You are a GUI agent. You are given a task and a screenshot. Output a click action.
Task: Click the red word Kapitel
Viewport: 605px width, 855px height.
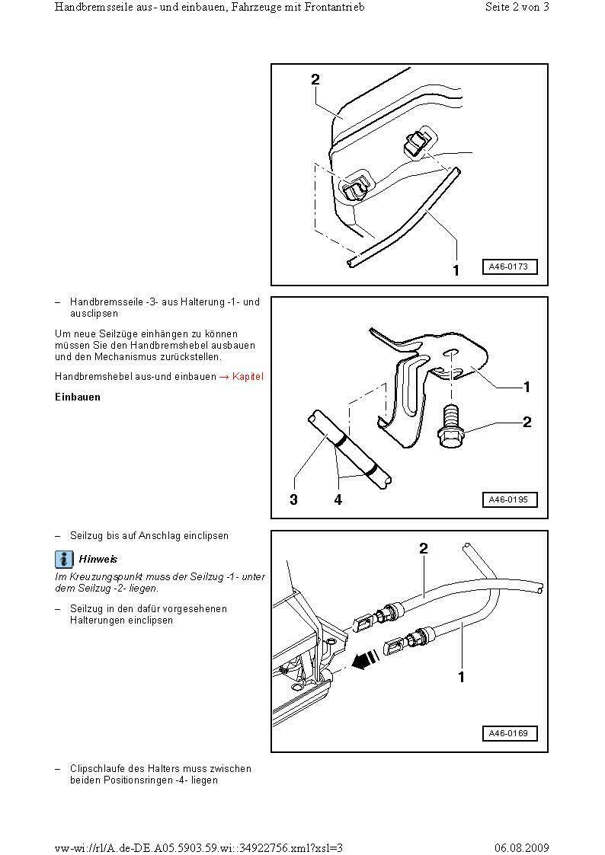click(x=248, y=377)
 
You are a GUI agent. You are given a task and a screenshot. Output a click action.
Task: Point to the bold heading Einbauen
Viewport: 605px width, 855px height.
click(x=78, y=397)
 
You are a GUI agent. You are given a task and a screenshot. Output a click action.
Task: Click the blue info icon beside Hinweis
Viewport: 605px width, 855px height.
click(x=64, y=560)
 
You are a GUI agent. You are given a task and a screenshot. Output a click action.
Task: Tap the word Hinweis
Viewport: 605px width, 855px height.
click(x=98, y=560)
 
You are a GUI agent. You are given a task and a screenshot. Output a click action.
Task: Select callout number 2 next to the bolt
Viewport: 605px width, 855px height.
click(x=527, y=422)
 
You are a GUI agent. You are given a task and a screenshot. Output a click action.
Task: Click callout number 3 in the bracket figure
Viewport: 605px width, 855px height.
click(x=293, y=500)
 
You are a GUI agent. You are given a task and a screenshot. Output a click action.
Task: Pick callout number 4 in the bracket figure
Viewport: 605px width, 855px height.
click(x=338, y=500)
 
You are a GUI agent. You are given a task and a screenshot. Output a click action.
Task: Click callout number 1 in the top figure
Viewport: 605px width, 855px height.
click(x=456, y=270)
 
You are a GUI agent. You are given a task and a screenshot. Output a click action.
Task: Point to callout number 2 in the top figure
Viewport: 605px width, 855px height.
click(x=315, y=79)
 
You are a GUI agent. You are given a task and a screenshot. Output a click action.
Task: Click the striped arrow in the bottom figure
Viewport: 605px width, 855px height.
click(x=366, y=660)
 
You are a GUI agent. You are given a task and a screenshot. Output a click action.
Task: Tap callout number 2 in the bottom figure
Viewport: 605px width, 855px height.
click(x=424, y=548)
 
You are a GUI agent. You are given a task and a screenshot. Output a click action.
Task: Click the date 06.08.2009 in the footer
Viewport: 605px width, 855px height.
click(x=521, y=848)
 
